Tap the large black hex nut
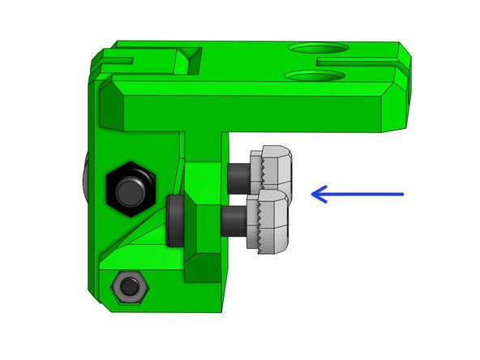[131, 186]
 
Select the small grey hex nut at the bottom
[127, 285]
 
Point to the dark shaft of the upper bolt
[239, 174]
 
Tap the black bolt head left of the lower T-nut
[174, 220]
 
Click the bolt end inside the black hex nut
[131, 189]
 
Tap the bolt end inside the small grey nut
[127, 286]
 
